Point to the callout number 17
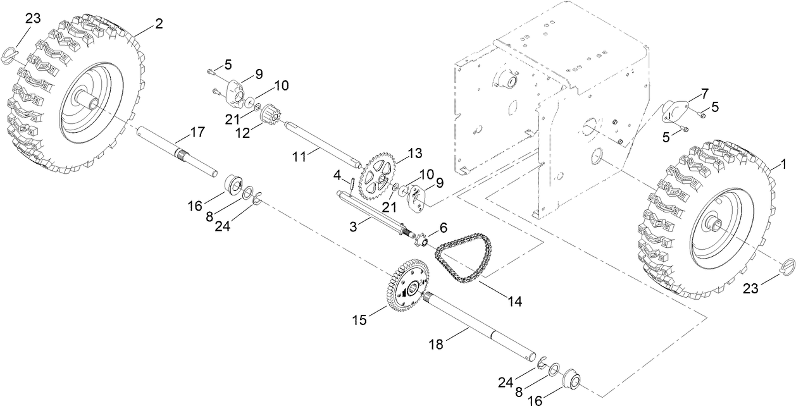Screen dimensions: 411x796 click(198, 133)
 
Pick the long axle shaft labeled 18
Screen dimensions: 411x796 click(481, 329)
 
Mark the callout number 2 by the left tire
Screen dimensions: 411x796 click(158, 25)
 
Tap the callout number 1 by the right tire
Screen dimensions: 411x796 click(783, 165)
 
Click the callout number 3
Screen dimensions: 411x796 click(355, 226)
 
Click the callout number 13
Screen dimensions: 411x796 click(414, 153)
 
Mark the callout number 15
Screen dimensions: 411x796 click(359, 321)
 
